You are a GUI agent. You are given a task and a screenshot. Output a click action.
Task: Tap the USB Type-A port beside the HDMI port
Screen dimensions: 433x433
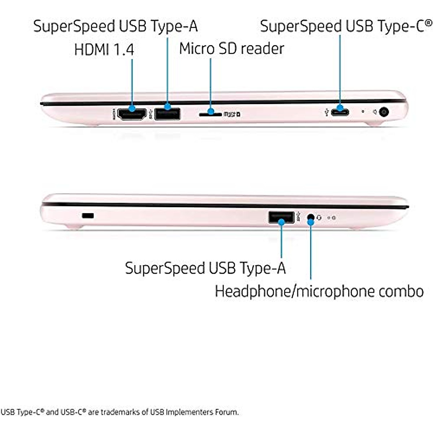(167, 114)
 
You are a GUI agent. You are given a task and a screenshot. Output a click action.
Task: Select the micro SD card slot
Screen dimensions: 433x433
(210, 114)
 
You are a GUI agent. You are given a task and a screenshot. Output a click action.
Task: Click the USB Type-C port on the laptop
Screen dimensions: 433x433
(340, 112)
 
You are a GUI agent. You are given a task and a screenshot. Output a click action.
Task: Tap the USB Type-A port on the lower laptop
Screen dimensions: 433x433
(281, 217)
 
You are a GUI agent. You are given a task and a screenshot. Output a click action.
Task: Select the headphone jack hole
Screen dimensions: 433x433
(310, 217)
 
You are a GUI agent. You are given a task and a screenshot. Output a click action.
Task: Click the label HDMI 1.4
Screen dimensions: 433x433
(104, 50)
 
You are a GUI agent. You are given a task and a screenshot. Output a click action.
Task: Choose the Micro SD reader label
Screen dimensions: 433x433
(231, 49)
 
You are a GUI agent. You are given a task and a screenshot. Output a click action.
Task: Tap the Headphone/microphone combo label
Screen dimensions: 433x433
(319, 291)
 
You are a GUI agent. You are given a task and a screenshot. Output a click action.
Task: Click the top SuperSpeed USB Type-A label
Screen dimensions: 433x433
(115, 26)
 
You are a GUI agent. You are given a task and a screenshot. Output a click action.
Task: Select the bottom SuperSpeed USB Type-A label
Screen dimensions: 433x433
(205, 268)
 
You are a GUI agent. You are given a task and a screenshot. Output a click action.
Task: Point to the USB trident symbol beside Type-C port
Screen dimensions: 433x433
(327, 112)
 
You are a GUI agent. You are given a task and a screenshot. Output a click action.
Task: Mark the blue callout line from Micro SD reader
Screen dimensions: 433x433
(210, 83)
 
